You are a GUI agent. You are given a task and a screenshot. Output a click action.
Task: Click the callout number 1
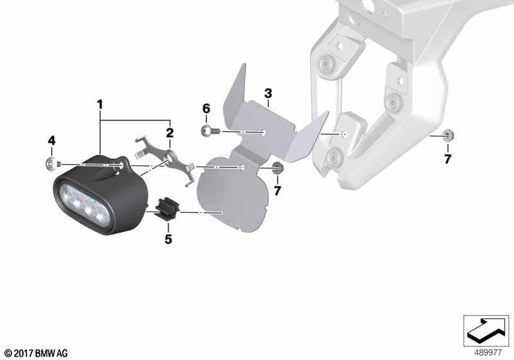click(100, 105)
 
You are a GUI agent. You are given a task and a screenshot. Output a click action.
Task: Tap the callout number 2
click(170, 133)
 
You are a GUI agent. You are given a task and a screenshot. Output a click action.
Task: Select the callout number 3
click(268, 93)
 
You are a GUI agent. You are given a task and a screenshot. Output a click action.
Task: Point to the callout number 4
click(51, 141)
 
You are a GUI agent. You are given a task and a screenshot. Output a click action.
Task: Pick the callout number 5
click(168, 239)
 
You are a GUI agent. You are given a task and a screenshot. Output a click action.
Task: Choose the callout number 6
click(206, 109)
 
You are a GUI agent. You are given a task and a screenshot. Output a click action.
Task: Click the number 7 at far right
click(448, 159)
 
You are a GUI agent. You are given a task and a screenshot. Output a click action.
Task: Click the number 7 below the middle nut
click(278, 191)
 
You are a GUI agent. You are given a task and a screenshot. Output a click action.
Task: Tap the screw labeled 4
click(53, 163)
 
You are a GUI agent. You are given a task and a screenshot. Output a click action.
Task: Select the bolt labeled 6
click(210, 131)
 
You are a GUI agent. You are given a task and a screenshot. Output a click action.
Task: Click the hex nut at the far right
click(447, 136)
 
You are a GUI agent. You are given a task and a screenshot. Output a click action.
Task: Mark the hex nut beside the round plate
click(278, 168)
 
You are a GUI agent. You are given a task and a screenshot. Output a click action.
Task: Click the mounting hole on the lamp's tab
click(122, 165)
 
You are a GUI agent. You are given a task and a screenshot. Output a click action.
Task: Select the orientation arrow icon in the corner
click(486, 330)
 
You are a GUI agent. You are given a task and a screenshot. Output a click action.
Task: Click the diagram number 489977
click(488, 353)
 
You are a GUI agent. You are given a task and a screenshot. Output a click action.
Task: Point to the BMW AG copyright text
click(37, 353)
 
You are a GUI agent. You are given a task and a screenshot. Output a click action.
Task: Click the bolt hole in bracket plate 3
click(264, 132)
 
